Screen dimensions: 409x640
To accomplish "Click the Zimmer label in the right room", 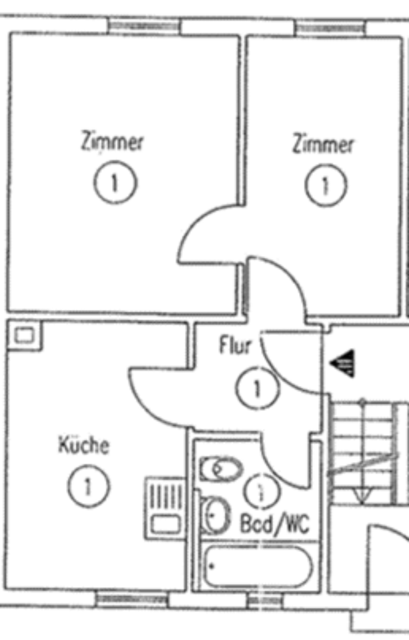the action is [324, 144].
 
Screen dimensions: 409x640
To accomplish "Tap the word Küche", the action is [83, 445].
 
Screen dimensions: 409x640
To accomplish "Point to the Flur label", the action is [235, 346].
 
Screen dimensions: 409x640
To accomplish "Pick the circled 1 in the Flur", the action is [257, 388].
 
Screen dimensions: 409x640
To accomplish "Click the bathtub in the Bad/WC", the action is [257, 566].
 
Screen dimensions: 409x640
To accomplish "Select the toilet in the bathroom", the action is [220, 469].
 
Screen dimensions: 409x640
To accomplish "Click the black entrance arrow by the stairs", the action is [344, 364].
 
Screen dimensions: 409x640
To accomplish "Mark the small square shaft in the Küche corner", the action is [24, 335].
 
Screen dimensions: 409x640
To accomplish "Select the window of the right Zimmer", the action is [330, 28].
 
